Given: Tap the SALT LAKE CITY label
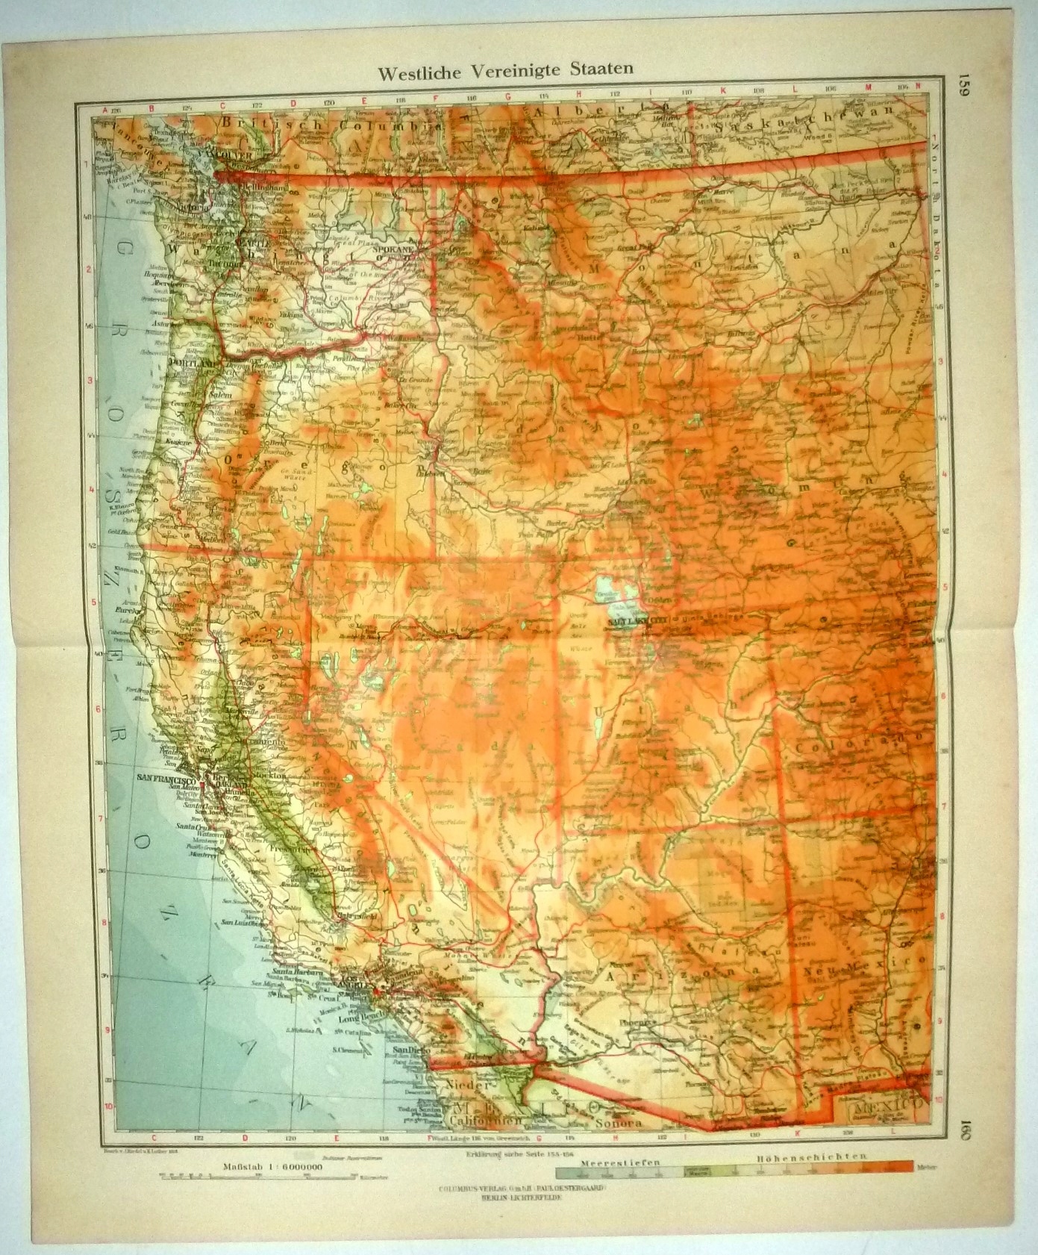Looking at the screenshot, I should coord(638,619).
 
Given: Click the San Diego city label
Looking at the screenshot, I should coord(406,1050).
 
